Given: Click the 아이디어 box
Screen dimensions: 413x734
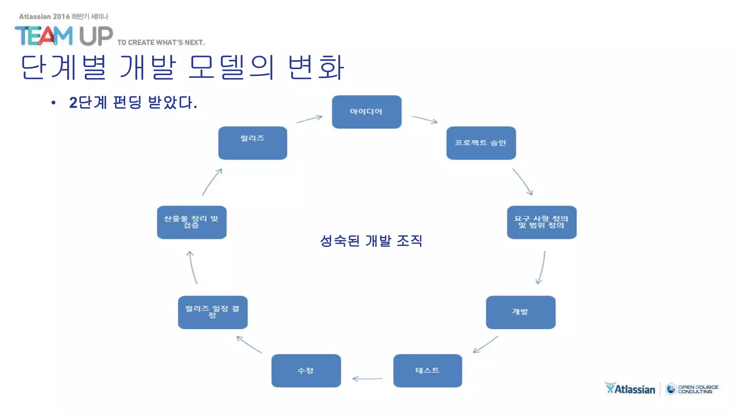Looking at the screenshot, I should tap(367, 112).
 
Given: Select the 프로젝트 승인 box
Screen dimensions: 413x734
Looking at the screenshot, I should tap(481, 143).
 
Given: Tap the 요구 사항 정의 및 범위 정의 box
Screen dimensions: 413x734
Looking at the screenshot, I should tap(542, 222).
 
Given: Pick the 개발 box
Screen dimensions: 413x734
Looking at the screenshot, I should tap(520, 312).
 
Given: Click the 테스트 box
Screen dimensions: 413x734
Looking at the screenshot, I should tap(428, 371).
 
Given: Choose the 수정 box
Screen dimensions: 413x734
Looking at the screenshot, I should tap(306, 371).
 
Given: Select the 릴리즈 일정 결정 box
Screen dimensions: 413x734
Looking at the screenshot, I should tap(213, 312).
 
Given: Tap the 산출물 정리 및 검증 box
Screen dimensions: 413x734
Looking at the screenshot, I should tap(192, 222).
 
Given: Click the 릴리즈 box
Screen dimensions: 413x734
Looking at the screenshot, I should tap(253, 143).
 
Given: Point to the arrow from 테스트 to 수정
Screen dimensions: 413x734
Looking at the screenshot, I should tap(367, 379).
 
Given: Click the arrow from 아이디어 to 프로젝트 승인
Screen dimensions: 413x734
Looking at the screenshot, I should tap(425, 120).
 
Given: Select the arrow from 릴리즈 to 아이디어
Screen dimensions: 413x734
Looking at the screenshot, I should tap(310, 119).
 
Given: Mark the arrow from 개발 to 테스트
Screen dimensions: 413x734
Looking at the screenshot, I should tap(486, 345).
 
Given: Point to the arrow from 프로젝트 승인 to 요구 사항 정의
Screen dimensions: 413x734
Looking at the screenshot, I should tap(523, 182).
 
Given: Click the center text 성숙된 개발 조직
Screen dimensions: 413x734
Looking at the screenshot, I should tap(371, 241).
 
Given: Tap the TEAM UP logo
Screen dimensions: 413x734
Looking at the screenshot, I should tap(64, 36).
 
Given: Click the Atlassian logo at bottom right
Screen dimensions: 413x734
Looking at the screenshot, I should tap(630, 389).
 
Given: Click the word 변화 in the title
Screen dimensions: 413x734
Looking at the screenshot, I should tap(316, 67).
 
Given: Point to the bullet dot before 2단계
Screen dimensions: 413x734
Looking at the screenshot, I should tap(53, 103).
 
